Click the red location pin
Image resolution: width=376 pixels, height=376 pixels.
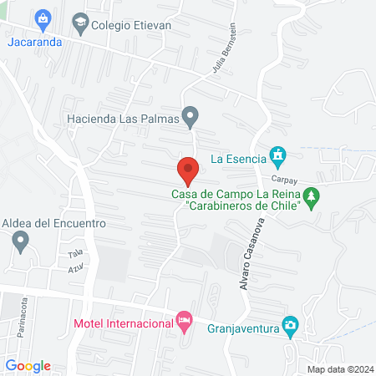(x=189, y=170)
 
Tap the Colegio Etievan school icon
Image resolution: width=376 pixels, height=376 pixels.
(x=80, y=24)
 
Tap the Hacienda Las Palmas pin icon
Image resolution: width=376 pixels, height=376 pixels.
(x=191, y=116)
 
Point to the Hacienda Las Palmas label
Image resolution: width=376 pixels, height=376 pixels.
(x=125, y=119)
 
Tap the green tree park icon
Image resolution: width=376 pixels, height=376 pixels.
(x=312, y=198)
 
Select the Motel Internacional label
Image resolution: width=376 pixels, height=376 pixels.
(x=123, y=323)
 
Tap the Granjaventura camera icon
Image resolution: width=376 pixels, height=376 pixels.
(x=290, y=325)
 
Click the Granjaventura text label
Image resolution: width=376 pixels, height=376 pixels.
(x=242, y=328)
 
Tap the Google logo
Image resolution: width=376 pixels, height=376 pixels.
(x=28, y=365)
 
